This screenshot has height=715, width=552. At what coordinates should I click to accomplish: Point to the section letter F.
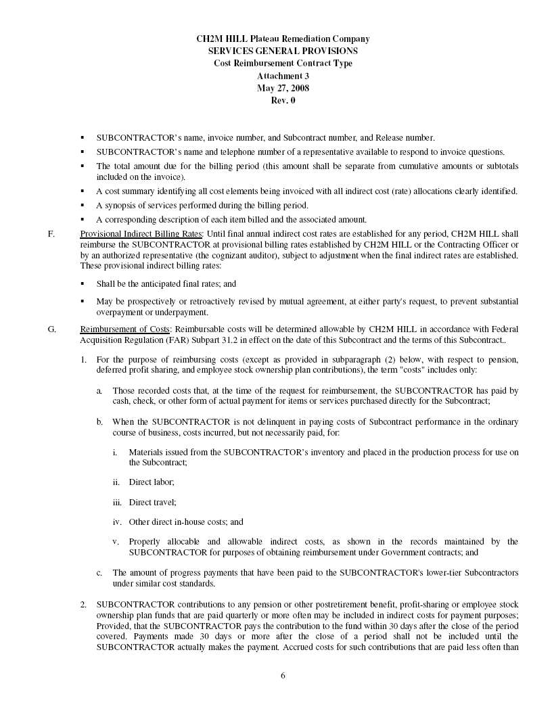[x=50, y=235]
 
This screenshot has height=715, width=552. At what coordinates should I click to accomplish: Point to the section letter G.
[x=51, y=329]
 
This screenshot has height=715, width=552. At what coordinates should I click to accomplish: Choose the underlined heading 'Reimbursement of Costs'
[x=124, y=329]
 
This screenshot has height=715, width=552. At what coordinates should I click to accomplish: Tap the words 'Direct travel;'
[x=152, y=502]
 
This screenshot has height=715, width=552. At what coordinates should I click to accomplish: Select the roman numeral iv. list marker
[x=117, y=522]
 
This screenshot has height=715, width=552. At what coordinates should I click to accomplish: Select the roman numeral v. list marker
[x=116, y=542]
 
